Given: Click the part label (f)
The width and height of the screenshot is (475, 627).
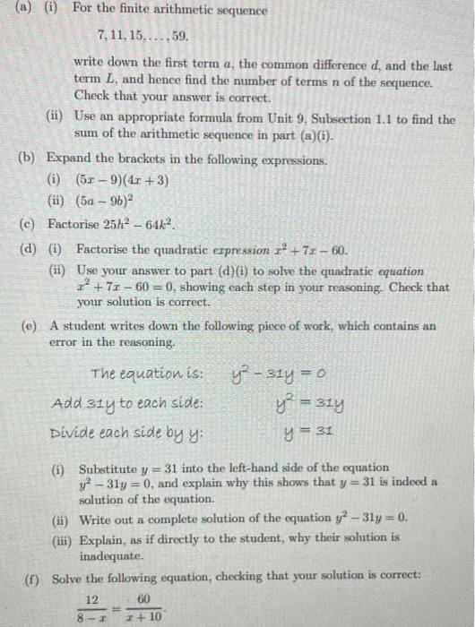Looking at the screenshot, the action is coord(30,575).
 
